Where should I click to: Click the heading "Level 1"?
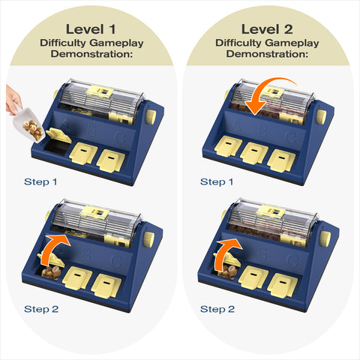[91, 29]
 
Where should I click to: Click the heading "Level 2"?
[267, 29]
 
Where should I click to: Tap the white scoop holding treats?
[29, 125]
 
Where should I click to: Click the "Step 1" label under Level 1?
[40, 181]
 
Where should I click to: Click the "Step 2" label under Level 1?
[41, 309]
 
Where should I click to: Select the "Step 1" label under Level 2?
[217, 181]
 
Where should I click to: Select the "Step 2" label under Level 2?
[217, 309]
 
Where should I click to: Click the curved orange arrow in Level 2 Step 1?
[265, 86]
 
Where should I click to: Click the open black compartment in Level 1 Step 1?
[56, 148]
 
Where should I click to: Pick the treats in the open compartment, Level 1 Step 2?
[51, 272]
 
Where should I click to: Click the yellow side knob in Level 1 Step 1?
[150, 116]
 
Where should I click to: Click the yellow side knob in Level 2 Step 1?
[321, 116]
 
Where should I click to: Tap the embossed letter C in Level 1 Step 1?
[120, 138]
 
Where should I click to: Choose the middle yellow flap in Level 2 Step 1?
[254, 153]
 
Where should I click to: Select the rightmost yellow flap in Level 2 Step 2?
[283, 285]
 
